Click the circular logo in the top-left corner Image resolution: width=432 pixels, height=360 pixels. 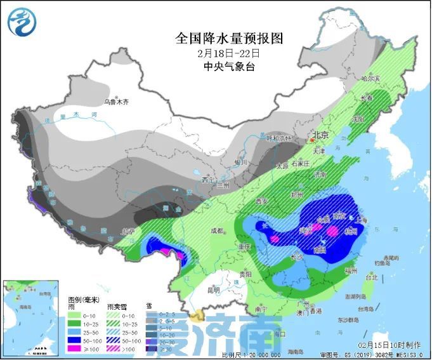(x=22, y=22)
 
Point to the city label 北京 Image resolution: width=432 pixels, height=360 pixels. (x=320, y=135)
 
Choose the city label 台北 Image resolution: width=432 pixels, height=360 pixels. (x=371, y=277)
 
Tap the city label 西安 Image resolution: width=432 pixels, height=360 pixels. (x=262, y=201)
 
